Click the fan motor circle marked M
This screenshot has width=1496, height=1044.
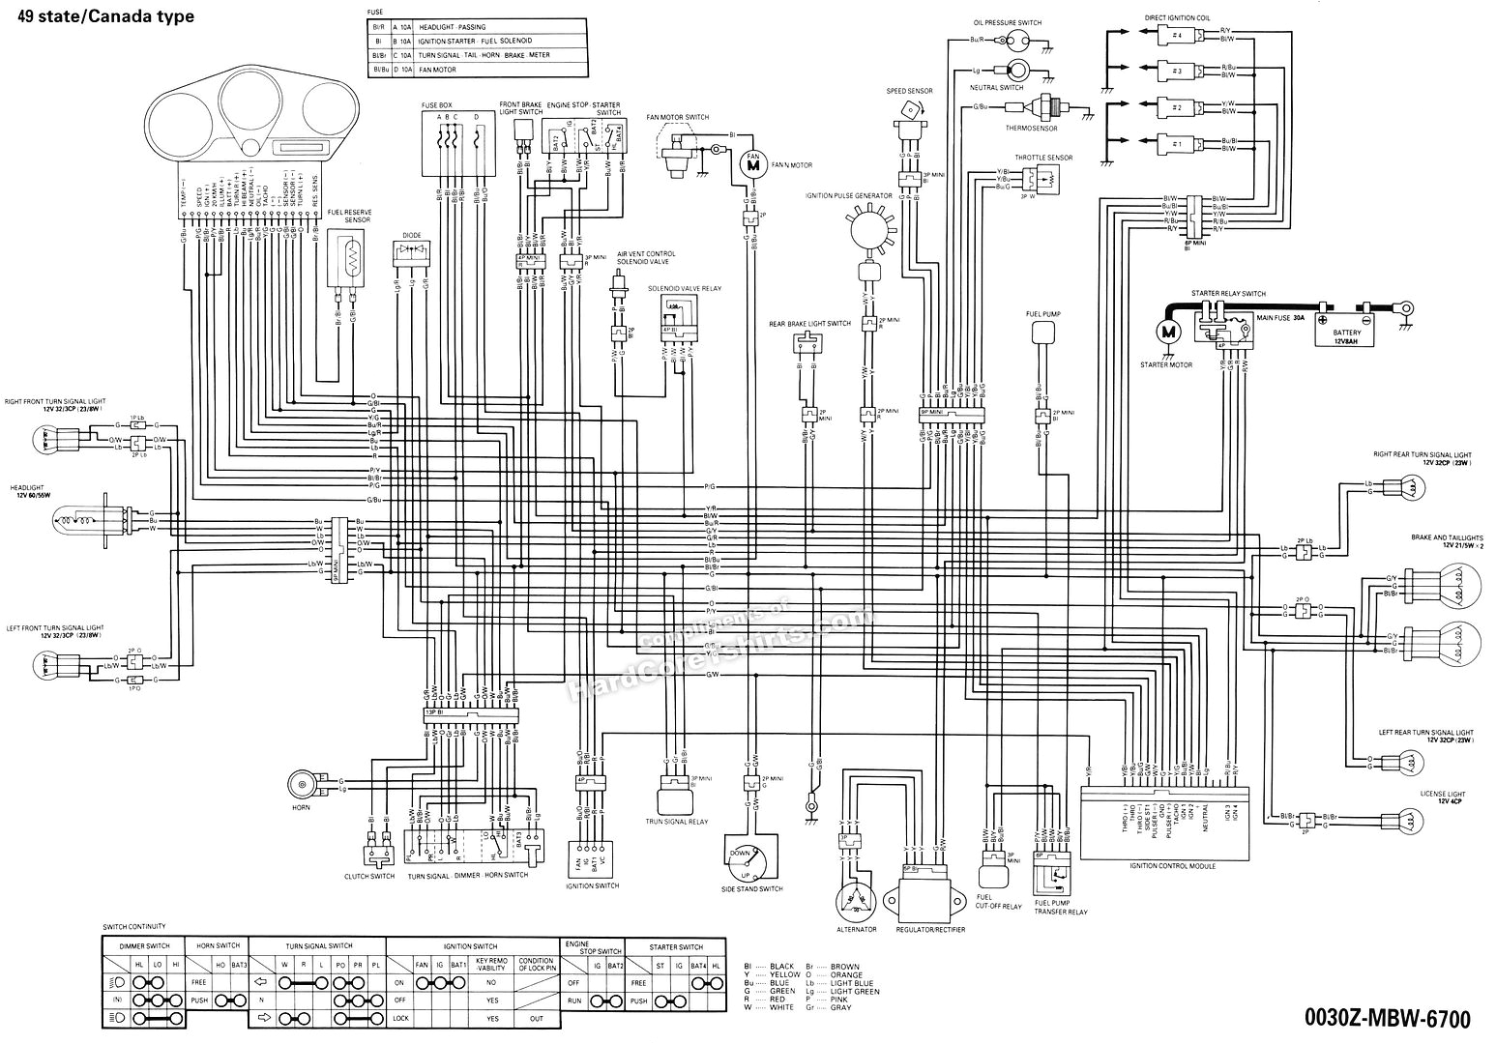[751, 164]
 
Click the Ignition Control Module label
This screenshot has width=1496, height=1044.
[1171, 866]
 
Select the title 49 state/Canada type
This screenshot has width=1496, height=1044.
[111, 16]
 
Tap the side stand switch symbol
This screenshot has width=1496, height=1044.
[750, 857]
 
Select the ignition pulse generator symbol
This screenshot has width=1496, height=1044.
[867, 232]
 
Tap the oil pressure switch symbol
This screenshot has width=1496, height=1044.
[1015, 42]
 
